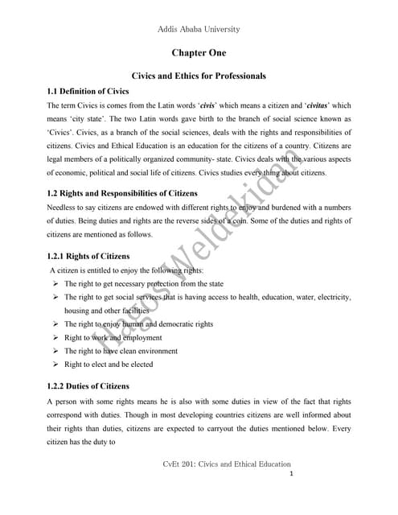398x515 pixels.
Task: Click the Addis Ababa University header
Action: pyautogui.click(x=199, y=30)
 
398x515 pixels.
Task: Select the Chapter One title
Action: pyautogui.click(x=199, y=53)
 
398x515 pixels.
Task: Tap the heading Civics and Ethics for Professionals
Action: pyautogui.click(x=199, y=76)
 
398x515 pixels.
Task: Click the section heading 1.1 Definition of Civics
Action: pyautogui.click(x=88, y=91)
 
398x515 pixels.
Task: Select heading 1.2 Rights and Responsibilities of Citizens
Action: pyautogui.click(x=124, y=192)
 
